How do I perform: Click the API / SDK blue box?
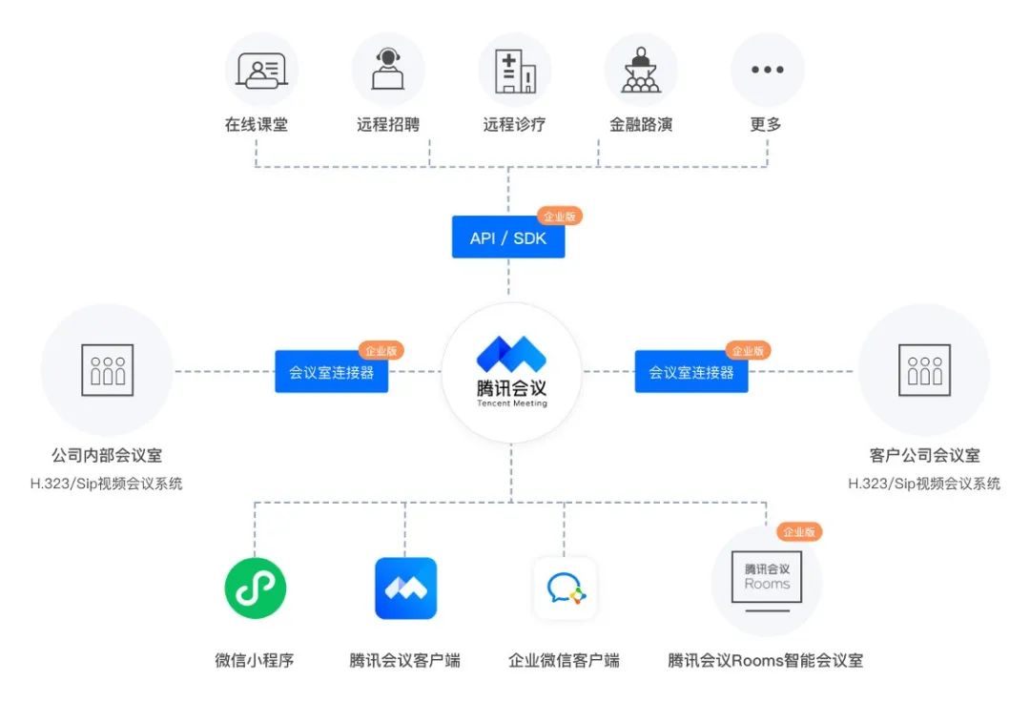508,237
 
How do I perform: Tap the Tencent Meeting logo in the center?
511,372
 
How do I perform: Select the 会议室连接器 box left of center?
332,372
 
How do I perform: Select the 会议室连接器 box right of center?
691,372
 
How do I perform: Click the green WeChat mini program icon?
256,588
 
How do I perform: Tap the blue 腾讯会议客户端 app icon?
405,588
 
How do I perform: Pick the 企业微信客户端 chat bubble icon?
565,588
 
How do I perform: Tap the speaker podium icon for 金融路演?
641,70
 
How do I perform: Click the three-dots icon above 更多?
768,70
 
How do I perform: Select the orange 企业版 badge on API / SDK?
559,217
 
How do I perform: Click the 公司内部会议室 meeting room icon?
108,370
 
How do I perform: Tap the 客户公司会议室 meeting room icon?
924,370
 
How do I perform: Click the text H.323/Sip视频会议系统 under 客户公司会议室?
924,484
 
